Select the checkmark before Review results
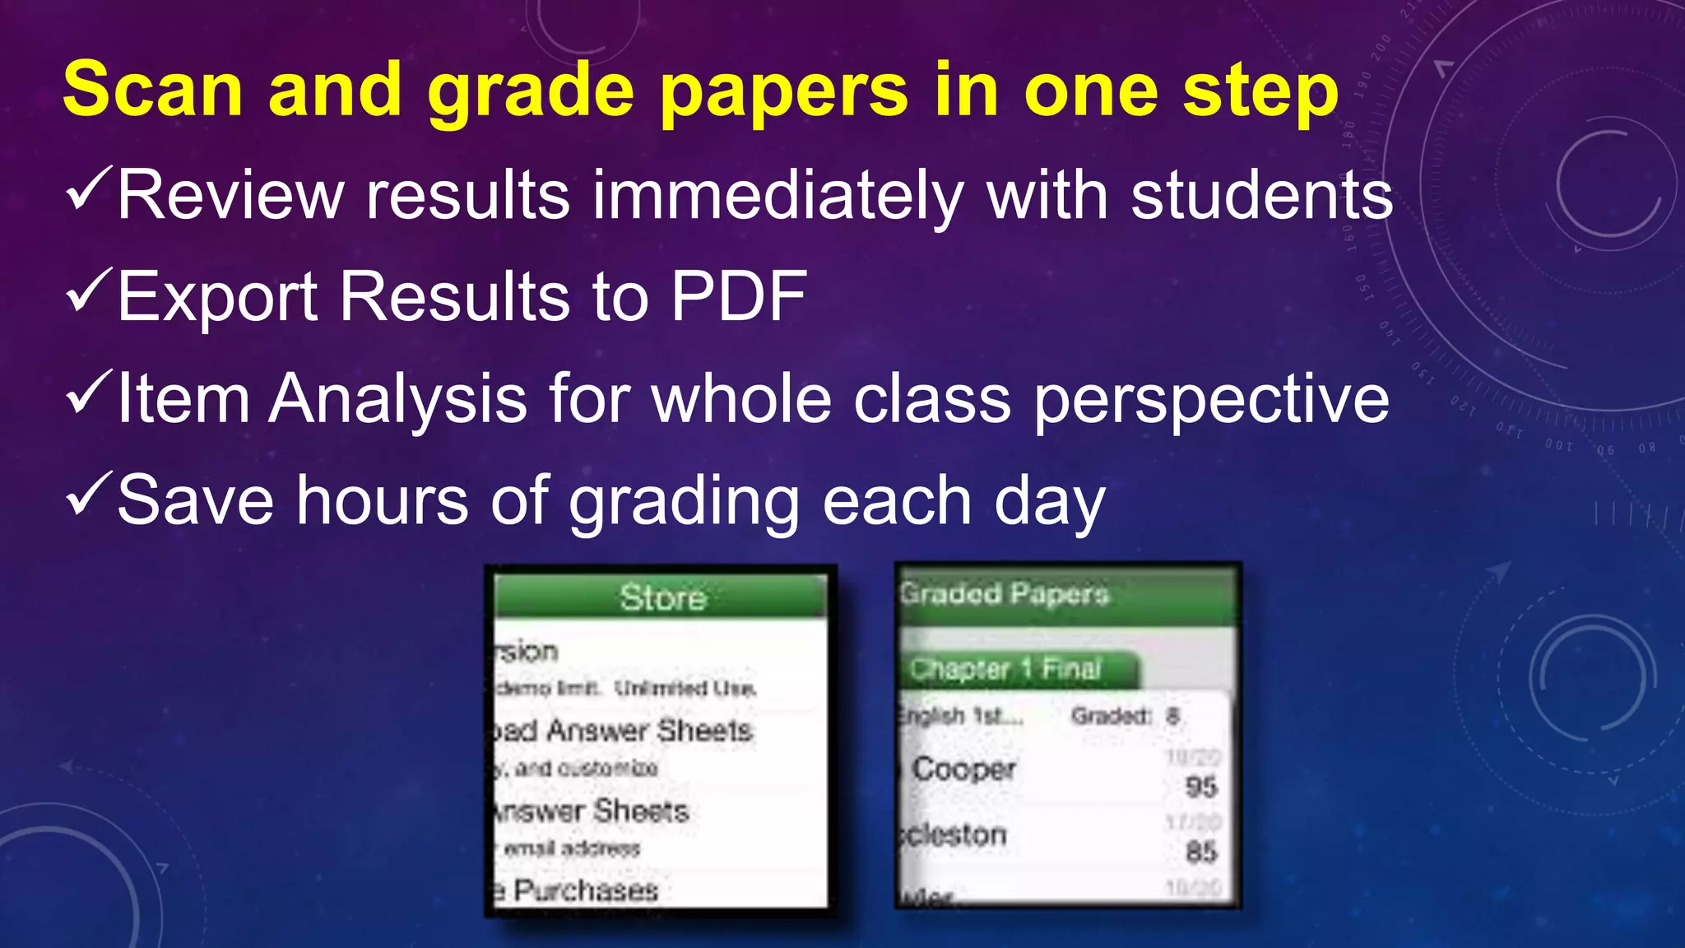[88, 188]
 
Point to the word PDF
[738, 296]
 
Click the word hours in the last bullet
[383, 500]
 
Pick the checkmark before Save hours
[88, 493]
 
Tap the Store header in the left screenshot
[662, 597]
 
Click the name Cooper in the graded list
[964, 769]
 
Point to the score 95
[1201, 788]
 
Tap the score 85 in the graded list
[1201, 852]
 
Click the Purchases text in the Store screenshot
[586, 890]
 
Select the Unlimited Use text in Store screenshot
[685, 688]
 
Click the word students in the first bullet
[1262, 196]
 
